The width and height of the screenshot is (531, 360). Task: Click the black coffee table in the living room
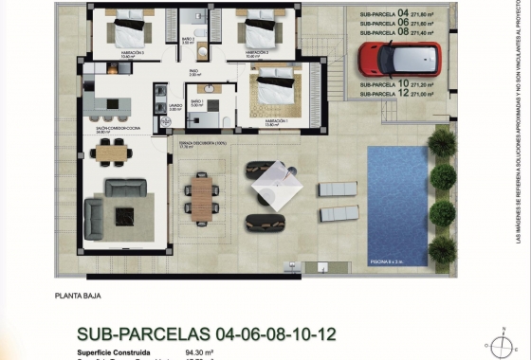125,216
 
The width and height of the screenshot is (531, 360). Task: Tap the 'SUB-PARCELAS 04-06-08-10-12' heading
206,334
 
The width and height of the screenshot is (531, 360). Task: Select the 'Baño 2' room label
188,41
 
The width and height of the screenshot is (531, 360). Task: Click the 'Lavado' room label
174,107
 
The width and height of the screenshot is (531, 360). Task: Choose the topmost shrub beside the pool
441,142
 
